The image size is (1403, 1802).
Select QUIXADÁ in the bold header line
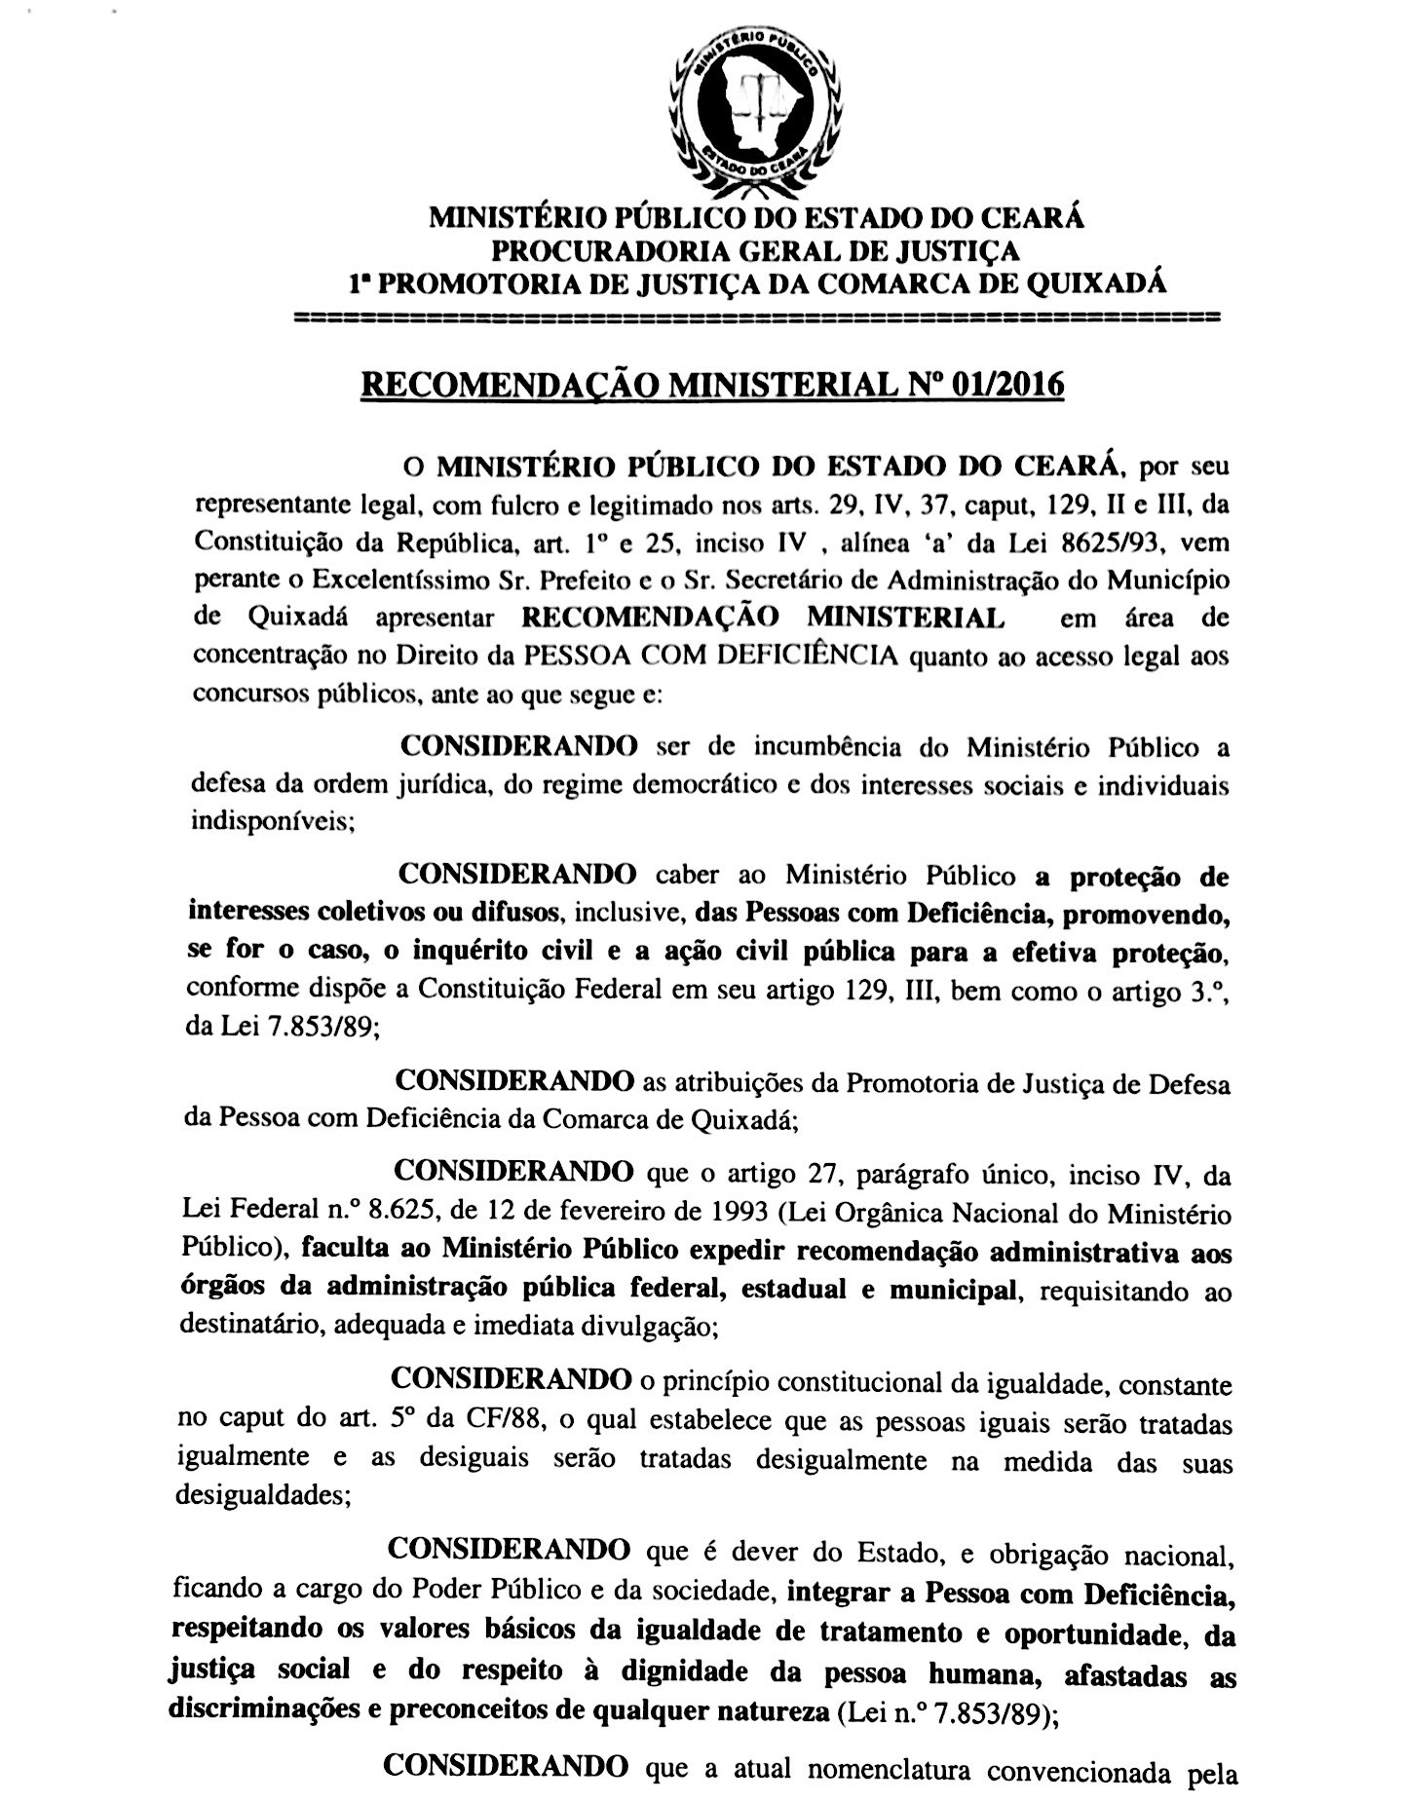[x=1091, y=283]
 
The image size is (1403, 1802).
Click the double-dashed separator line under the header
[x=756, y=318]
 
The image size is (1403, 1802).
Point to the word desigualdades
[x=259, y=1495]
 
